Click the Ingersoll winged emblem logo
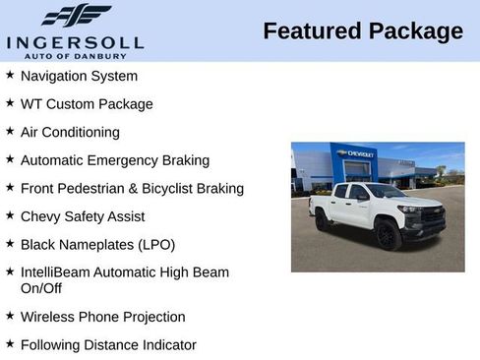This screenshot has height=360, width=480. (x=75, y=15)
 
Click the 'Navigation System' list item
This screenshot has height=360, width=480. (x=79, y=76)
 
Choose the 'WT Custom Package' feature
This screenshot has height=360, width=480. (x=87, y=104)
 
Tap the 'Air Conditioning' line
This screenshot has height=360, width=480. (x=70, y=132)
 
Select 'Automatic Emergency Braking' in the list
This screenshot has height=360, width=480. (x=114, y=160)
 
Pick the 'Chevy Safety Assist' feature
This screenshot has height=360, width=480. (x=82, y=216)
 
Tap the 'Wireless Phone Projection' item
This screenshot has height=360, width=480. (x=102, y=317)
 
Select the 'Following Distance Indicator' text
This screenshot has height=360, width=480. (x=108, y=345)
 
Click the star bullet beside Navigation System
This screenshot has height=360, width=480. (x=9, y=75)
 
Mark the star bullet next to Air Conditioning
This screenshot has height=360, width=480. (x=9, y=131)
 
